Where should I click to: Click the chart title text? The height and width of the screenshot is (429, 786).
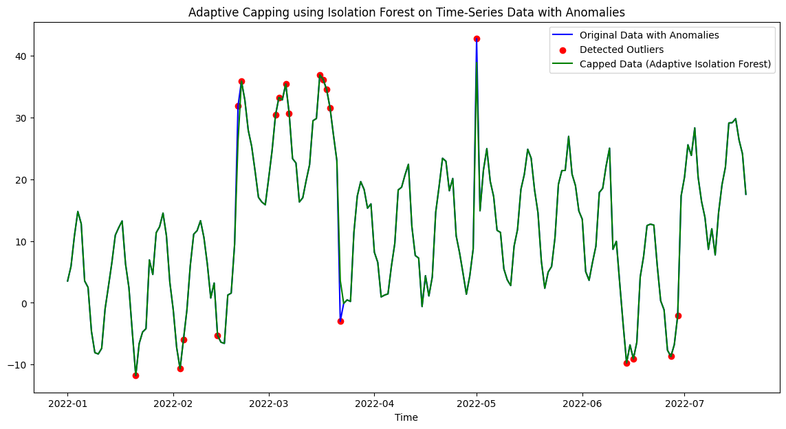(x=406, y=12)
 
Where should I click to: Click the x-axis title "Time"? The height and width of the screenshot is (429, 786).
(x=406, y=417)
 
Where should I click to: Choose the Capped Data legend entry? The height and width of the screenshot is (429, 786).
(x=675, y=65)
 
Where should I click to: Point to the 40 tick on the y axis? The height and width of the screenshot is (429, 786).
(x=22, y=56)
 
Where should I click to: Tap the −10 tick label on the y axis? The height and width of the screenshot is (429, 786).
(x=19, y=365)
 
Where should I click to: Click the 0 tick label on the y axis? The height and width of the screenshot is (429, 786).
(x=25, y=303)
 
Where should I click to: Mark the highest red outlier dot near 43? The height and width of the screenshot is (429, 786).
(x=477, y=38)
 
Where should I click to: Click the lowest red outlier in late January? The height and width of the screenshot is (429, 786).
(x=135, y=375)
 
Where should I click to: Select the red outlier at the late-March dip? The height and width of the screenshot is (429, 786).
(x=340, y=321)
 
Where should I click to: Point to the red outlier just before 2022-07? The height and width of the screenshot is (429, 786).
(x=678, y=316)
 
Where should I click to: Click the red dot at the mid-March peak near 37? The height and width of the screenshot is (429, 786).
(x=320, y=75)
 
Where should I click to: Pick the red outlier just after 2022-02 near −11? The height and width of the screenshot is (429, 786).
(x=180, y=368)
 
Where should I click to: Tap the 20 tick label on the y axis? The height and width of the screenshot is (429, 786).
(x=22, y=179)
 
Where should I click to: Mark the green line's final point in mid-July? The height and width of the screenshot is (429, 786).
(x=745, y=194)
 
